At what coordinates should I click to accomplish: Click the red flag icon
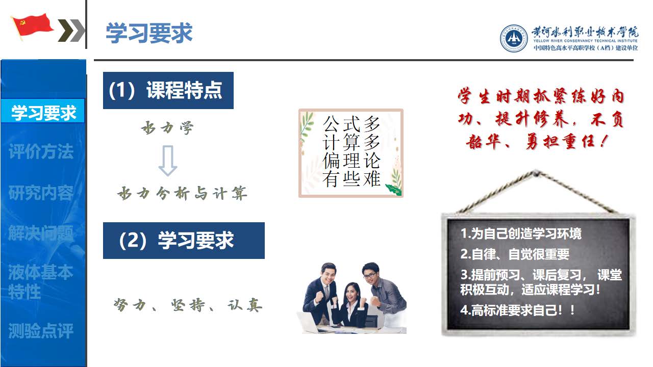[32, 26]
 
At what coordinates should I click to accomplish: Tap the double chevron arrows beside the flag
[71, 30]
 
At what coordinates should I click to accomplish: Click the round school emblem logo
[514, 38]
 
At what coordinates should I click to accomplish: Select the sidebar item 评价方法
[41, 151]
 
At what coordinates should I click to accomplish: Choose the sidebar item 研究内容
[41, 193]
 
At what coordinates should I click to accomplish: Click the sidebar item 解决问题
[41, 233]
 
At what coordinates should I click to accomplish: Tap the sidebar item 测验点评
[41, 331]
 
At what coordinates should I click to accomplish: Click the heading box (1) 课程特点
[168, 90]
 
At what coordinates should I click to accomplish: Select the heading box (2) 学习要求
[184, 241]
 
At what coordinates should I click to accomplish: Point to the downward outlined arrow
[168, 161]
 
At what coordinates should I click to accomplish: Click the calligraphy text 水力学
[167, 128]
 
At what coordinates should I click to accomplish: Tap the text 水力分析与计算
[182, 193]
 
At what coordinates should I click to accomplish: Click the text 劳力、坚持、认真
[188, 305]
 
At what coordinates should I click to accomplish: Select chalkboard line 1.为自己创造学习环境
[521, 233]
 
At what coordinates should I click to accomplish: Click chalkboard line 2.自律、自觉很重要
[515, 254]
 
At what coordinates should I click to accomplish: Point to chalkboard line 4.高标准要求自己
[517, 310]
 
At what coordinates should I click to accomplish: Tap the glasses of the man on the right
[369, 275]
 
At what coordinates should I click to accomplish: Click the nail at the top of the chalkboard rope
[536, 174]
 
